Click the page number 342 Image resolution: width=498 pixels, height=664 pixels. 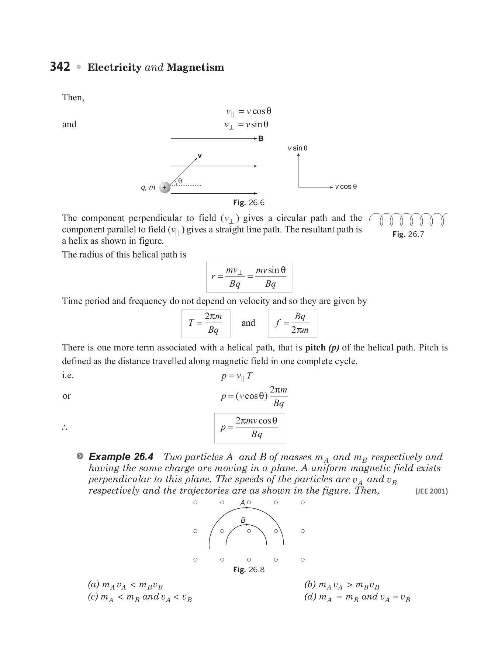click(60, 67)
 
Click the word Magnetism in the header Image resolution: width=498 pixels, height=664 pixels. click(195, 68)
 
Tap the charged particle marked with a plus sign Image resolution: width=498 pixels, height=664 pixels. click(165, 187)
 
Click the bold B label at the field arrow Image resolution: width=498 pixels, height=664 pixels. click(261, 139)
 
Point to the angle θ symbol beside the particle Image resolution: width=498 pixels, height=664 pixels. click(180, 181)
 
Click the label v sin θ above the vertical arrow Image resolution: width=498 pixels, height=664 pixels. click(297, 148)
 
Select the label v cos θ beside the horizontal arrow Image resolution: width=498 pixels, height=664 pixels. click(346, 187)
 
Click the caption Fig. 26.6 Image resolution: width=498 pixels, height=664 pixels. click(249, 203)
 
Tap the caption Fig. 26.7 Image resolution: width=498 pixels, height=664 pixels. click(408, 234)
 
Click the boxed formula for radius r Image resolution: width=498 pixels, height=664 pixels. click(249, 277)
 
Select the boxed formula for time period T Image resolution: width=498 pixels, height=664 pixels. click(205, 324)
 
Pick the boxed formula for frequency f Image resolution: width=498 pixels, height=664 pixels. click(292, 323)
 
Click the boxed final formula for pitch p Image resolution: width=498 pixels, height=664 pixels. click(249, 428)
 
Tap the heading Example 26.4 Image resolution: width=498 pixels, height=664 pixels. click(121, 457)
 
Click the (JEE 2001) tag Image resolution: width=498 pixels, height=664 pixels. click(431, 491)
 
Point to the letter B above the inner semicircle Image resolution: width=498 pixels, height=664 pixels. click(243, 520)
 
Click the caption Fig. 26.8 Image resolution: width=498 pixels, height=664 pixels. click(249, 570)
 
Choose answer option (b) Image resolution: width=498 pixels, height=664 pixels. click(342, 585)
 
